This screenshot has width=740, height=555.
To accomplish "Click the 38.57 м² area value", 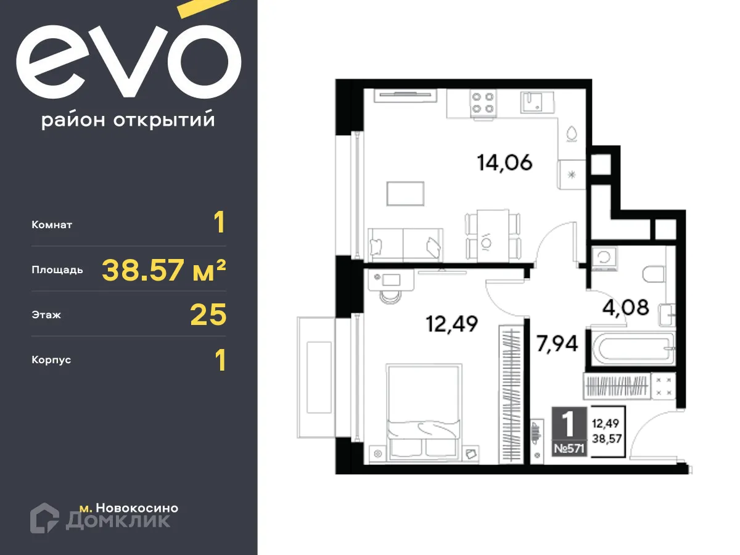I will tap(163, 269).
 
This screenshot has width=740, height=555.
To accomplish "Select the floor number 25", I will tap(208, 315).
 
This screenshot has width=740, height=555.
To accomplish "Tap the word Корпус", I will tap(51, 360).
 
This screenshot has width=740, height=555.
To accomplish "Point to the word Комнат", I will tap(52, 225).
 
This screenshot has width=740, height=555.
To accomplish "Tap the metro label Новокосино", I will tap(129, 508).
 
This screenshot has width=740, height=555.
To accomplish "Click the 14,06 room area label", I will tap(504, 163).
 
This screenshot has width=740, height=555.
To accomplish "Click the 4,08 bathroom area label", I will tap(626, 307).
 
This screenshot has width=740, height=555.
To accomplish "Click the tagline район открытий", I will tap(128, 120).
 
